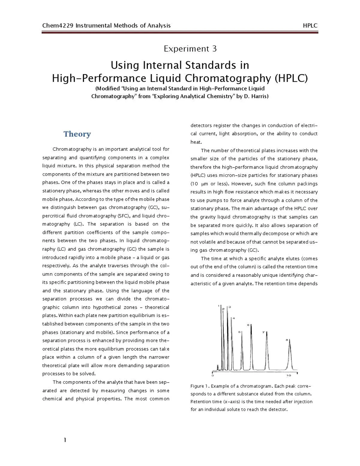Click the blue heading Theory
click(x=77, y=134)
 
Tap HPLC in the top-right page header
click(x=310, y=26)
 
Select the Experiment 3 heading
click(x=190, y=49)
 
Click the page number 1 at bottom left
click(x=65, y=440)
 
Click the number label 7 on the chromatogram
click(x=263, y=332)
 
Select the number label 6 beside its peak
click(x=248, y=325)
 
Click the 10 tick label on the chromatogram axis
click(x=289, y=376)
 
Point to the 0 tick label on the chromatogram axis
click(x=213, y=376)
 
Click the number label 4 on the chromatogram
click(x=234, y=318)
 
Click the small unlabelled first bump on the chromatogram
click(x=217, y=367)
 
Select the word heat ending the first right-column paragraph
click(x=196, y=142)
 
